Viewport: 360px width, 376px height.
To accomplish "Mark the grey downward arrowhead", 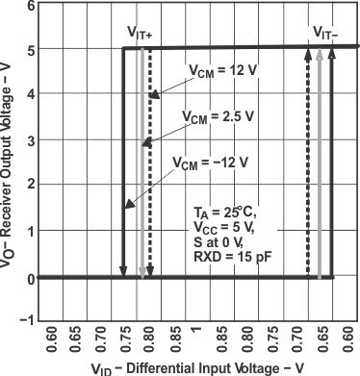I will coord(141,272).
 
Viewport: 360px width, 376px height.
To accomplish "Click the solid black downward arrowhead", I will coord(123,272).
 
